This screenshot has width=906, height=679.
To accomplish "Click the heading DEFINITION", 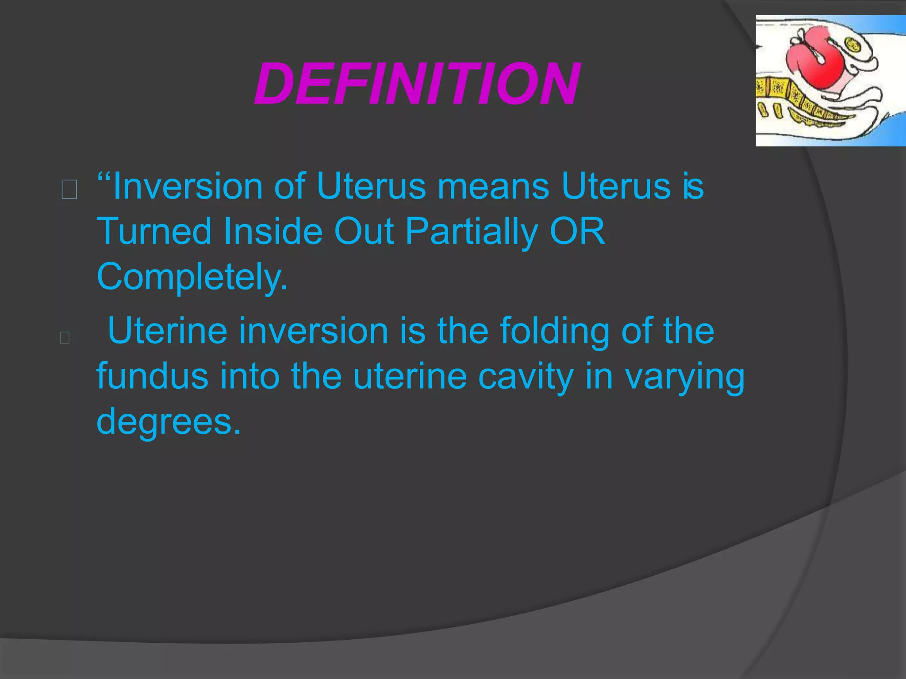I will click(416, 84).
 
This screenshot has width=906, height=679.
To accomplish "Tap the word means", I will click(493, 187).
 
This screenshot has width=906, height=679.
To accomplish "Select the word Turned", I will click(154, 231).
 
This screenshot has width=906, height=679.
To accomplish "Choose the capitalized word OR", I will click(577, 231).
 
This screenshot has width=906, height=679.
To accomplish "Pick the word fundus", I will click(152, 376).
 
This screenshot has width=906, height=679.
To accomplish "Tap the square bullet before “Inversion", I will click(69, 190).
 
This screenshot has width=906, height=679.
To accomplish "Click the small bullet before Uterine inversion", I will click(65, 338).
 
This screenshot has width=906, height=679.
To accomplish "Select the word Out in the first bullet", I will click(364, 231).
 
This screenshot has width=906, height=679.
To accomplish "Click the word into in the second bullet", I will click(250, 376).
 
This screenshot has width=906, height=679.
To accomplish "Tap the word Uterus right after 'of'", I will click(371, 187).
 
